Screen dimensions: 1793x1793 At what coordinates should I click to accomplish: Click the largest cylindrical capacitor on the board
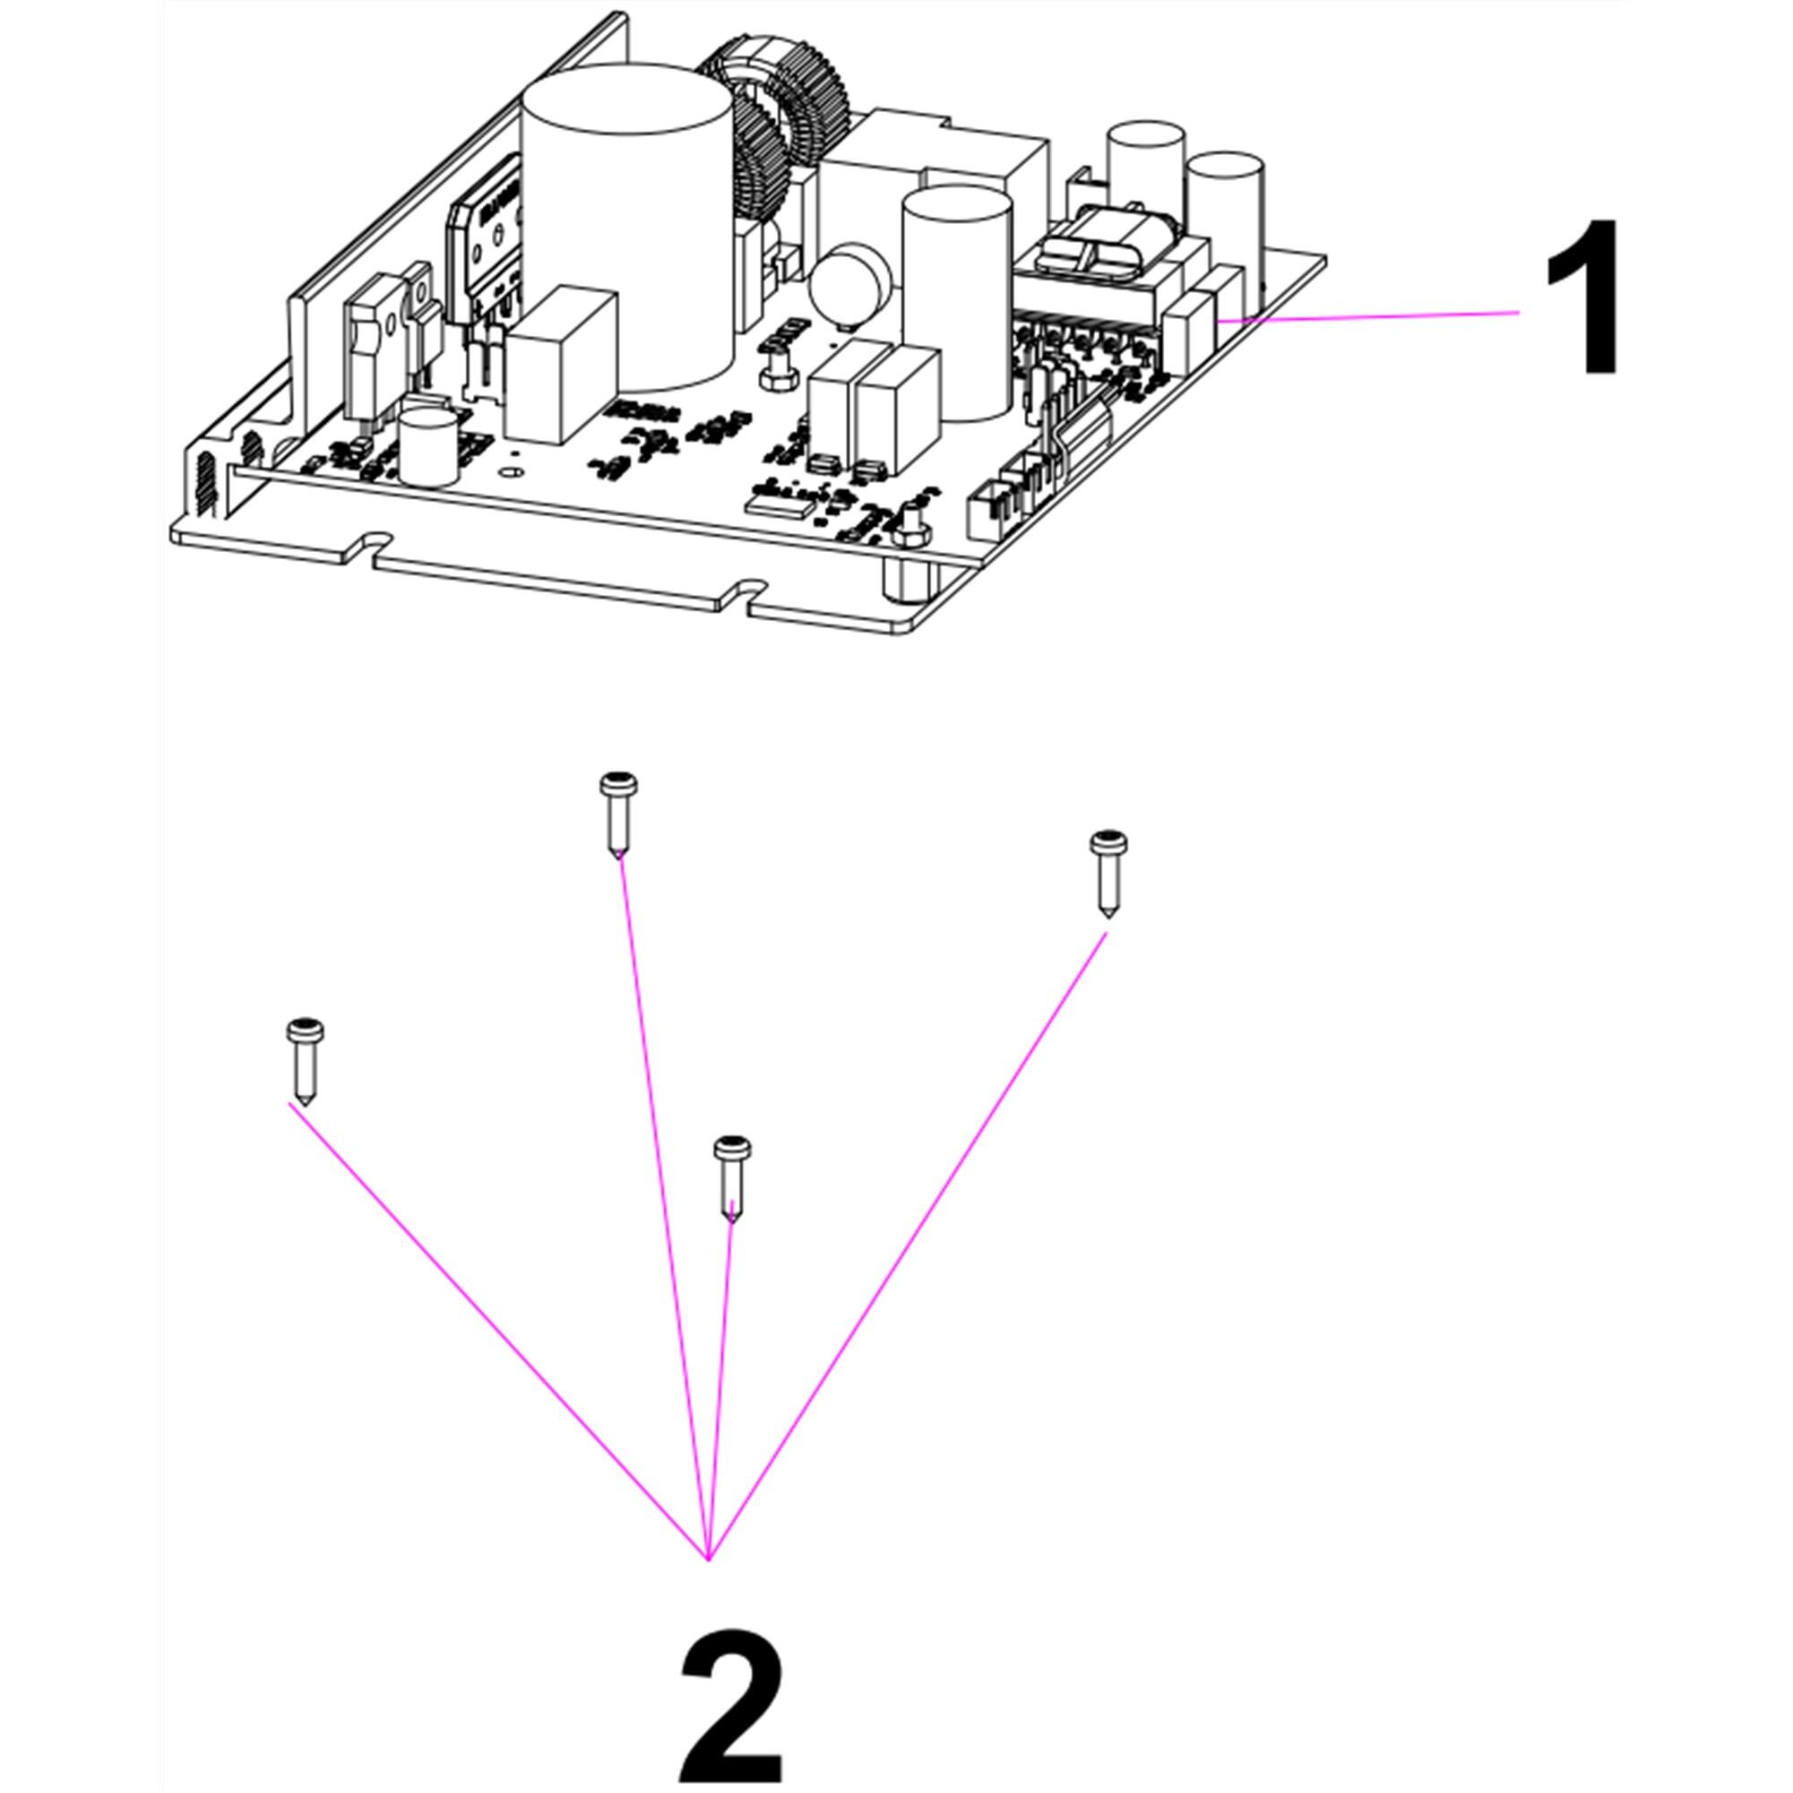pyautogui.click(x=626, y=232)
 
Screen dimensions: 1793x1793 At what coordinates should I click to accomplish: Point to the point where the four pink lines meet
pyautogui.click(x=709, y=1560)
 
